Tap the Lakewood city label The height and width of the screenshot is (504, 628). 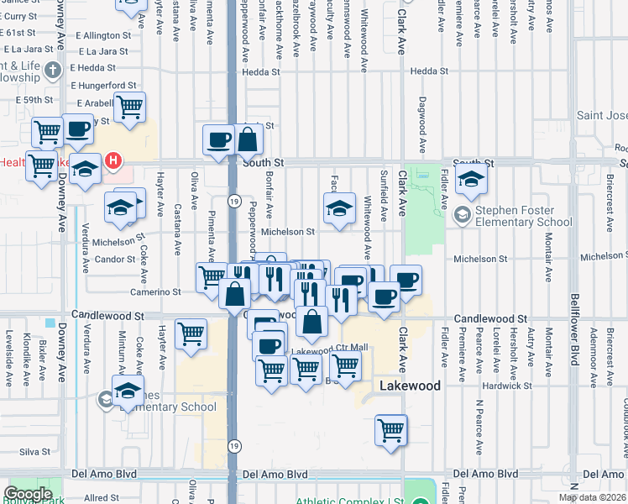click(x=410, y=386)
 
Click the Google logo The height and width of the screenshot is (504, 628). click(x=28, y=494)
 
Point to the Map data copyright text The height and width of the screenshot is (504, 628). click(x=593, y=497)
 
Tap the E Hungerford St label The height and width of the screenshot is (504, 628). click(x=103, y=86)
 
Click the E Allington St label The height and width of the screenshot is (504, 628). click(x=102, y=36)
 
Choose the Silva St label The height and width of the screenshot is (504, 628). click(x=35, y=452)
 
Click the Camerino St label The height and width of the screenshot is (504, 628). click(x=155, y=292)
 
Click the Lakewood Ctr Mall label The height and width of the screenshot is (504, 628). click(x=330, y=349)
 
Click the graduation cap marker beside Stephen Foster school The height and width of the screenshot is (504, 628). click(x=471, y=179)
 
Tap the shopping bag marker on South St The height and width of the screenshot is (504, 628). click(x=249, y=139)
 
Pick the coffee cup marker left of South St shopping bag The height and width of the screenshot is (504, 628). click(x=218, y=139)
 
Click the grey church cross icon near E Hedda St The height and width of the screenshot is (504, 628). click(x=53, y=70)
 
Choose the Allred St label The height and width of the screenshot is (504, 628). click(x=101, y=499)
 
